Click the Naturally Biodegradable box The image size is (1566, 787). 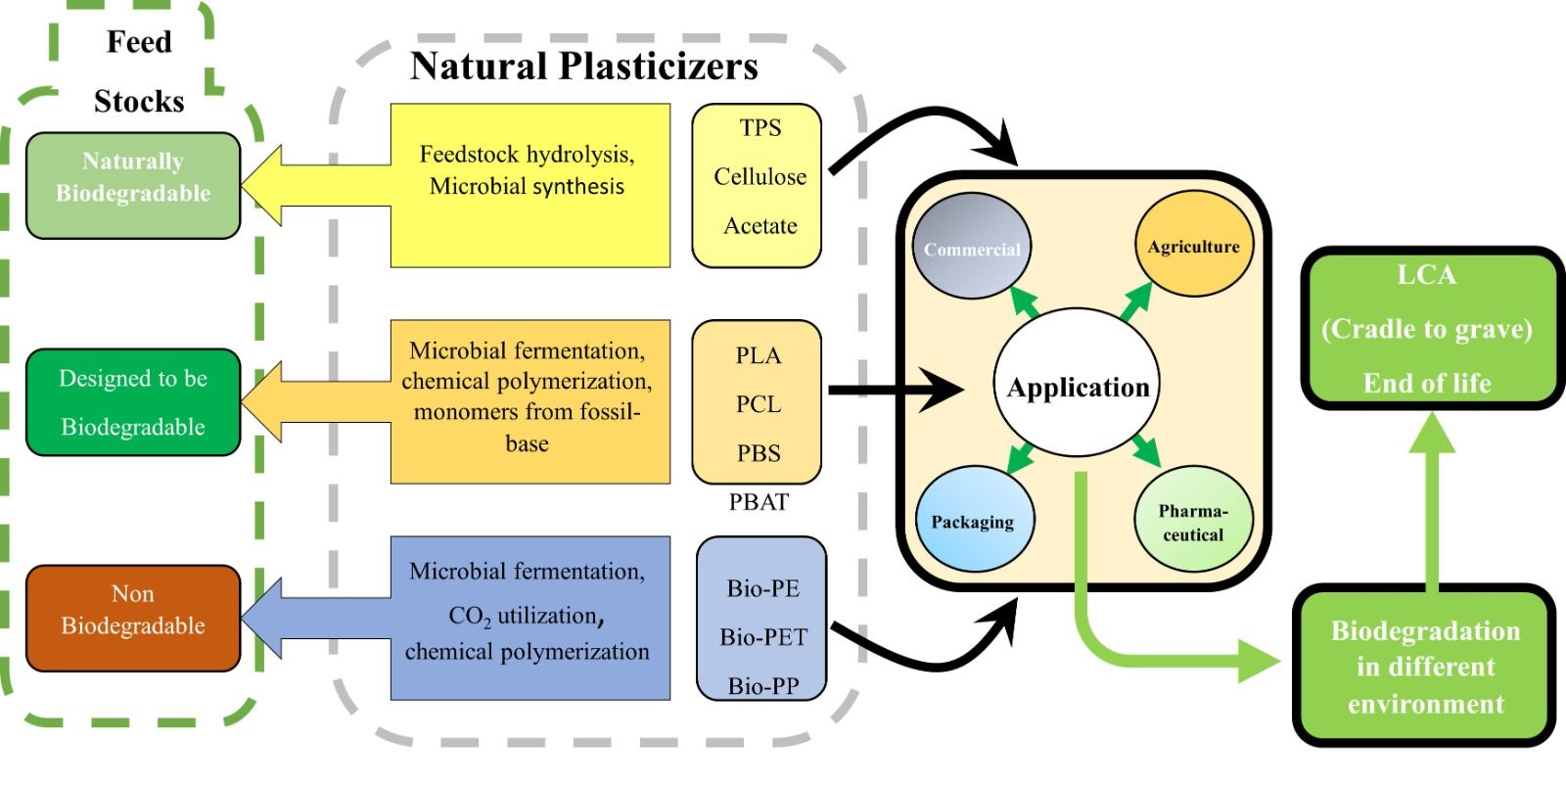[133, 186]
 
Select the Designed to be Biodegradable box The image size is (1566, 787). [133, 402]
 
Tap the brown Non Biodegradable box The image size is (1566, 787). [133, 618]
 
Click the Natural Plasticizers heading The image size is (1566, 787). [583, 67]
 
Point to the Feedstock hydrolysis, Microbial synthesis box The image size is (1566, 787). [529, 185]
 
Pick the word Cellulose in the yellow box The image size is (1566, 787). [760, 177]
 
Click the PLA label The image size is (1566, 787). [759, 355]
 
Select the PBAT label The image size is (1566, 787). [759, 502]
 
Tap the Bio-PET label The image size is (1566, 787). [763, 637]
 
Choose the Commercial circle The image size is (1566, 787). [971, 249]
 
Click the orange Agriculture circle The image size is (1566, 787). [1193, 247]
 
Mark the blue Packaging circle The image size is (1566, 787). [973, 521]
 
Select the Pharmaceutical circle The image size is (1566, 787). [1193, 522]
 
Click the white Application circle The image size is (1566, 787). [1078, 387]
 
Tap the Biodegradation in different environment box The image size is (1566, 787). [1425, 667]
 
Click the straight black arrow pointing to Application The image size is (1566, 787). [896, 391]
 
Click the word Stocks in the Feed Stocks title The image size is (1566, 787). [139, 101]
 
